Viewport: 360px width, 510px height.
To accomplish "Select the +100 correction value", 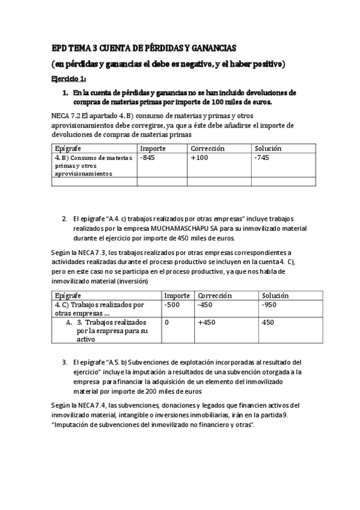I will tap(200, 158).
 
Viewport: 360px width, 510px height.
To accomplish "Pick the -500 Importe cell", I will tap(172, 305).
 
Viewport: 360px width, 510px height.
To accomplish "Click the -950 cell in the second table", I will tap(270, 305).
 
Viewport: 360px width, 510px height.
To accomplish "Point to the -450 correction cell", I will tap(207, 305).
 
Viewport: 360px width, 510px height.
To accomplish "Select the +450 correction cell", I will tap(208, 322).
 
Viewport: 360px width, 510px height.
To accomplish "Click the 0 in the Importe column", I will tap(166, 322).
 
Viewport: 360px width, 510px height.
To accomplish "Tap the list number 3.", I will tap(64, 363).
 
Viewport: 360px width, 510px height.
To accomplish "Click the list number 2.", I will tap(64, 219).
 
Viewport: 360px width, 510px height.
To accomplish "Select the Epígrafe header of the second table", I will tap(68, 296).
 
